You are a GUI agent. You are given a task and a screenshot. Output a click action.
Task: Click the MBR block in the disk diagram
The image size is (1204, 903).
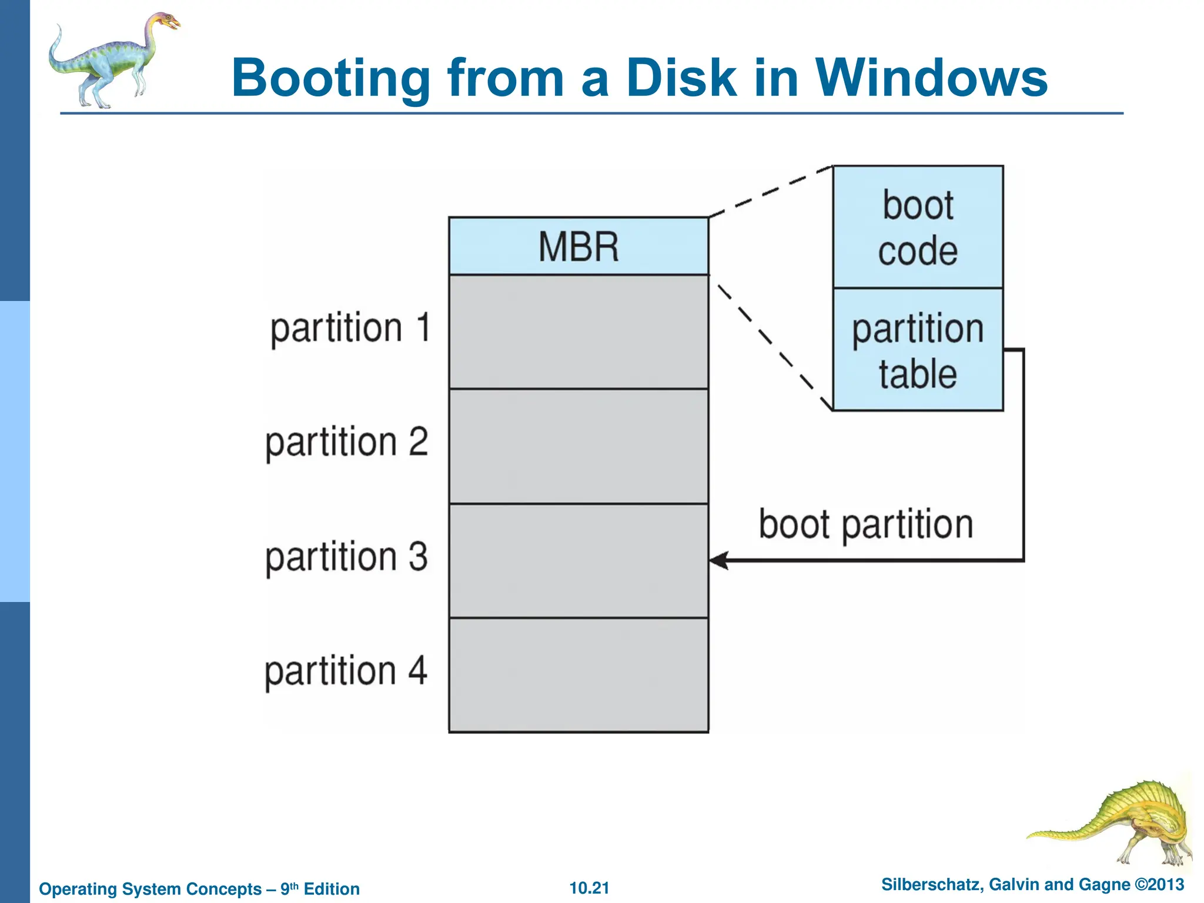tap(578, 246)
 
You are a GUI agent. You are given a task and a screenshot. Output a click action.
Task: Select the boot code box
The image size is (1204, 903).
tap(918, 228)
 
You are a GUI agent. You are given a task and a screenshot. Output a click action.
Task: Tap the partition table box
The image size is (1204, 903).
tap(918, 350)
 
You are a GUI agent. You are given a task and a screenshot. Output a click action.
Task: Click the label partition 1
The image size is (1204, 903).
tap(350, 328)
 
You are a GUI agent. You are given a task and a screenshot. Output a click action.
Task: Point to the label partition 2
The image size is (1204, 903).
tap(347, 442)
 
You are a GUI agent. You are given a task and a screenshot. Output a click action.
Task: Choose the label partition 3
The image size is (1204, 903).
tap(347, 557)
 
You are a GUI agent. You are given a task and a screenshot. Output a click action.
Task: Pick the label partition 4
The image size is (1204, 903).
tap(346, 671)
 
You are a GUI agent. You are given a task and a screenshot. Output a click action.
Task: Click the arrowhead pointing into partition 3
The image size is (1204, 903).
tap(718, 560)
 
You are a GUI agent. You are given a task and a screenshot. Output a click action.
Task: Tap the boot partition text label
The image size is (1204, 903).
tap(865, 524)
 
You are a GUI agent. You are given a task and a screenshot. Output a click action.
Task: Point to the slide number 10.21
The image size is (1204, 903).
tap(589, 888)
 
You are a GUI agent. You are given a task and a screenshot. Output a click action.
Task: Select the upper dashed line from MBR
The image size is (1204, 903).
tap(770, 192)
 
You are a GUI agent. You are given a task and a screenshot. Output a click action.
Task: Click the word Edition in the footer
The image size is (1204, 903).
tap(332, 889)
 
